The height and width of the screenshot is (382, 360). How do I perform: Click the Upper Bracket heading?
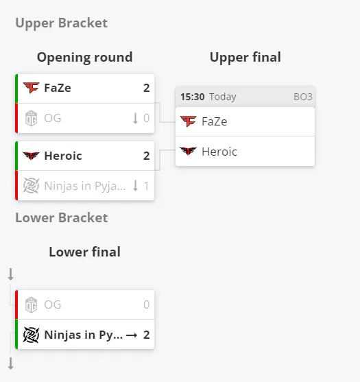(62, 23)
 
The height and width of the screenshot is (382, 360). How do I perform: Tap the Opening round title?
(85, 57)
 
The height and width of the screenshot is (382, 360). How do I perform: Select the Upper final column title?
(245, 57)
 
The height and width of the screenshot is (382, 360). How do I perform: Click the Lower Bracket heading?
(62, 217)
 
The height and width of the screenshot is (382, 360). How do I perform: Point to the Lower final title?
(85, 252)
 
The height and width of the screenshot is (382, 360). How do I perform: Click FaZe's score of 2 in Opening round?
(146, 88)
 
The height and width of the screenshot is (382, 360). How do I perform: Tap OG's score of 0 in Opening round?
(146, 118)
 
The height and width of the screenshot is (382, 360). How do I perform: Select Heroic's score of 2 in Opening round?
(146, 156)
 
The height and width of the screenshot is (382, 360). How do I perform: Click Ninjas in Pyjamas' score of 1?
(146, 186)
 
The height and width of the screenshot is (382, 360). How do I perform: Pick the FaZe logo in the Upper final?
(188, 121)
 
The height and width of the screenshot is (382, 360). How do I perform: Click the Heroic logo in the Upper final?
(188, 151)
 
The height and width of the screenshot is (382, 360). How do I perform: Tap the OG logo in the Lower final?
(31, 305)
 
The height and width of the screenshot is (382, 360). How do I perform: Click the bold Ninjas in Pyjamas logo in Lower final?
(31, 335)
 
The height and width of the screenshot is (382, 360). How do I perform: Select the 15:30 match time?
(193, 97)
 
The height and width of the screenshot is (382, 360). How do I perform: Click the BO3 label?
(303, 97)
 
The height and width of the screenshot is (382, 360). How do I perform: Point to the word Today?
(223, 97)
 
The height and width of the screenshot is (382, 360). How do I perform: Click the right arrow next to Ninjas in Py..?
(132, 335)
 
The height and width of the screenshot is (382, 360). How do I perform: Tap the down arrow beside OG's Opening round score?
(135, 119)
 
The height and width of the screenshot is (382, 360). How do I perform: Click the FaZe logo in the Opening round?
(31, 88)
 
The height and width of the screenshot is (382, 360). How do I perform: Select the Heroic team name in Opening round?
(63, 156)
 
